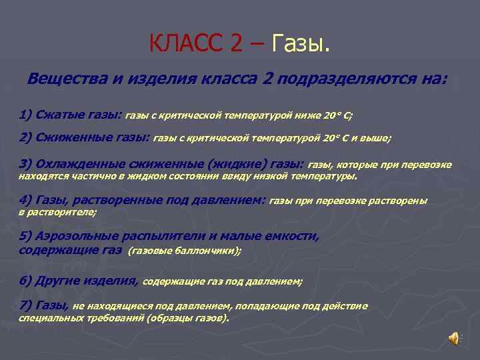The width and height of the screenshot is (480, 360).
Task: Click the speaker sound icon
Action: coord(453,339)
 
